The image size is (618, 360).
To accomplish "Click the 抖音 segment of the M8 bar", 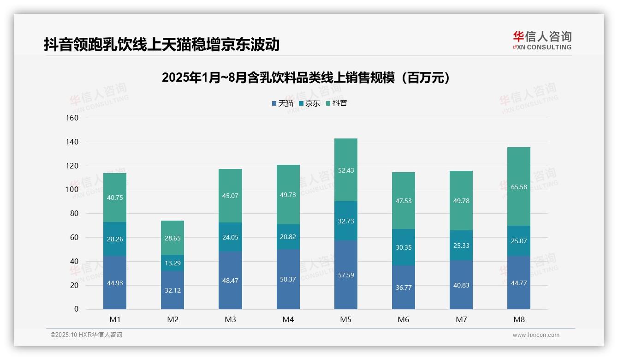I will pyautogui.click(x=518, y=186).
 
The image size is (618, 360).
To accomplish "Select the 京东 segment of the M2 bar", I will pyautogui.click(x=172, y=263).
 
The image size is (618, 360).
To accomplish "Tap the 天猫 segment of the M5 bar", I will pyautogui.click(x=345, y=275).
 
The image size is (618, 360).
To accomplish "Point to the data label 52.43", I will pyautogui.click(x=345, y=170).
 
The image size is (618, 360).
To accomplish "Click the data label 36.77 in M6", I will pyautogui.click(x=404, y=288).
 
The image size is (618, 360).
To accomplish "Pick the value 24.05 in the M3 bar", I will pyautogui.click(x=230, y=237).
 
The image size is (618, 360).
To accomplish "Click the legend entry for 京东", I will pyautogui.click(x=309, y=103).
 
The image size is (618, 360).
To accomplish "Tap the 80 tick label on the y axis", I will pyautogui.click(x=74, y=214).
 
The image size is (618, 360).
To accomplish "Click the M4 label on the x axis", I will pyautogui.click(x=288, y=319).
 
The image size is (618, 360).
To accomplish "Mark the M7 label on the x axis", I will pyautogui.click(x=461, y=319).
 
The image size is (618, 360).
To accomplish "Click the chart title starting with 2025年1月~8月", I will pyautogui.click(x=306, y=78).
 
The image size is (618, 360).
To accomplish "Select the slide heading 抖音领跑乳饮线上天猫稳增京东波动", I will pyautogui.click(x=161, y=44).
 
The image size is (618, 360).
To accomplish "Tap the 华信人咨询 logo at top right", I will pyautogui.click(x=542, y=40).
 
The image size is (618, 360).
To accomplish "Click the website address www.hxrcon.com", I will pyautogui.click(x=536, y=335).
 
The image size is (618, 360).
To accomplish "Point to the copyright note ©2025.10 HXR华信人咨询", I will pyautogui.click(x=86, y=335).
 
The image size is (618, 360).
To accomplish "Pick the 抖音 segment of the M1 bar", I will pyautogui.click(x=115, y=198).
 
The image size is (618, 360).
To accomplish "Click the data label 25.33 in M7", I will pyautogui.click(x=461, y=246).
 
